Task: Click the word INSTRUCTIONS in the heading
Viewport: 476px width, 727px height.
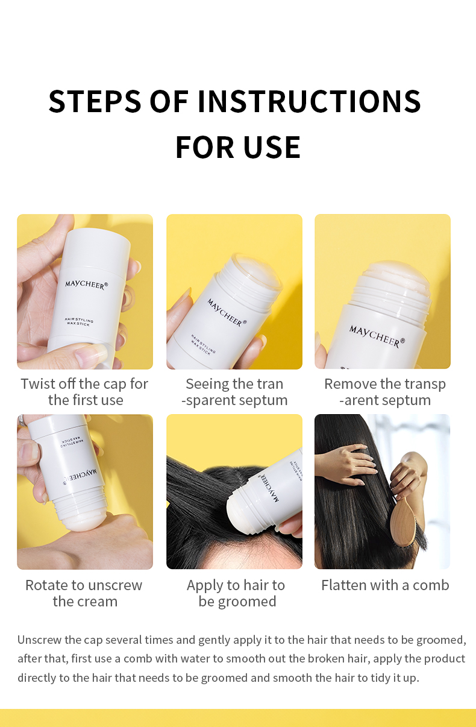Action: pyautogui.click(x=309, y=101)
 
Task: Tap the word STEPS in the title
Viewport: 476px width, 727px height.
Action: pyautogui.click(x=95, y=101)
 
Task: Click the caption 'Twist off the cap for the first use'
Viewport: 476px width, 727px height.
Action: pyautogui.click(x=84, y=392)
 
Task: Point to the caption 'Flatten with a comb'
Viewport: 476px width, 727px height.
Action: pyautogui.click(x=385, y=585)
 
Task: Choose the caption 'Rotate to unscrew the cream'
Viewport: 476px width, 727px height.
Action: pyautogui.click(x=84, y=593)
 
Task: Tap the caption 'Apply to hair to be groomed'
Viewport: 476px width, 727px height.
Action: pyautogui.click(x=236, y=593)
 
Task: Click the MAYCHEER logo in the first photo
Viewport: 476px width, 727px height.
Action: pyautogui.click(x=86, y=284)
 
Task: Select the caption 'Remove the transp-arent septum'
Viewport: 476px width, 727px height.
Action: pyautogui.click(x=385, y=392)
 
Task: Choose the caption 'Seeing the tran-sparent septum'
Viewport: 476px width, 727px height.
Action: pyautogui.click(x=234, y=392)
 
